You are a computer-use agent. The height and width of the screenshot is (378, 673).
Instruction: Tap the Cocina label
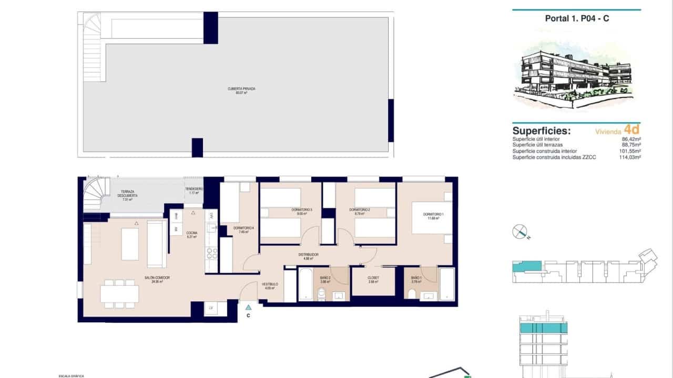[x=191, y=234]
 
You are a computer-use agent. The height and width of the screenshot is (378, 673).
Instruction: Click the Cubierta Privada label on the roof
[x=241, y=91]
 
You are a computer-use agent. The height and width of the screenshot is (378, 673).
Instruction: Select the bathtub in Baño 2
[x=305, y=284]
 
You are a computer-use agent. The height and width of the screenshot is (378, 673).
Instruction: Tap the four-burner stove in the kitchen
[x=211, y=255]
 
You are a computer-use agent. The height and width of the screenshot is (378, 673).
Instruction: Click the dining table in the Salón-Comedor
[x=119, y=293]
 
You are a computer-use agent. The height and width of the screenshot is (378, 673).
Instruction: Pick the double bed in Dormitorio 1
[x=431, y=217]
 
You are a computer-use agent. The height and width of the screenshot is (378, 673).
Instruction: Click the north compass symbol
[x=520, y=232]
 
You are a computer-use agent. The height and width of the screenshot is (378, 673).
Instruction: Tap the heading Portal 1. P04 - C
[x=577, y=18]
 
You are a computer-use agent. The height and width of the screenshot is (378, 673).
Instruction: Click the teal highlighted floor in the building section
[x=544, y=328]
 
